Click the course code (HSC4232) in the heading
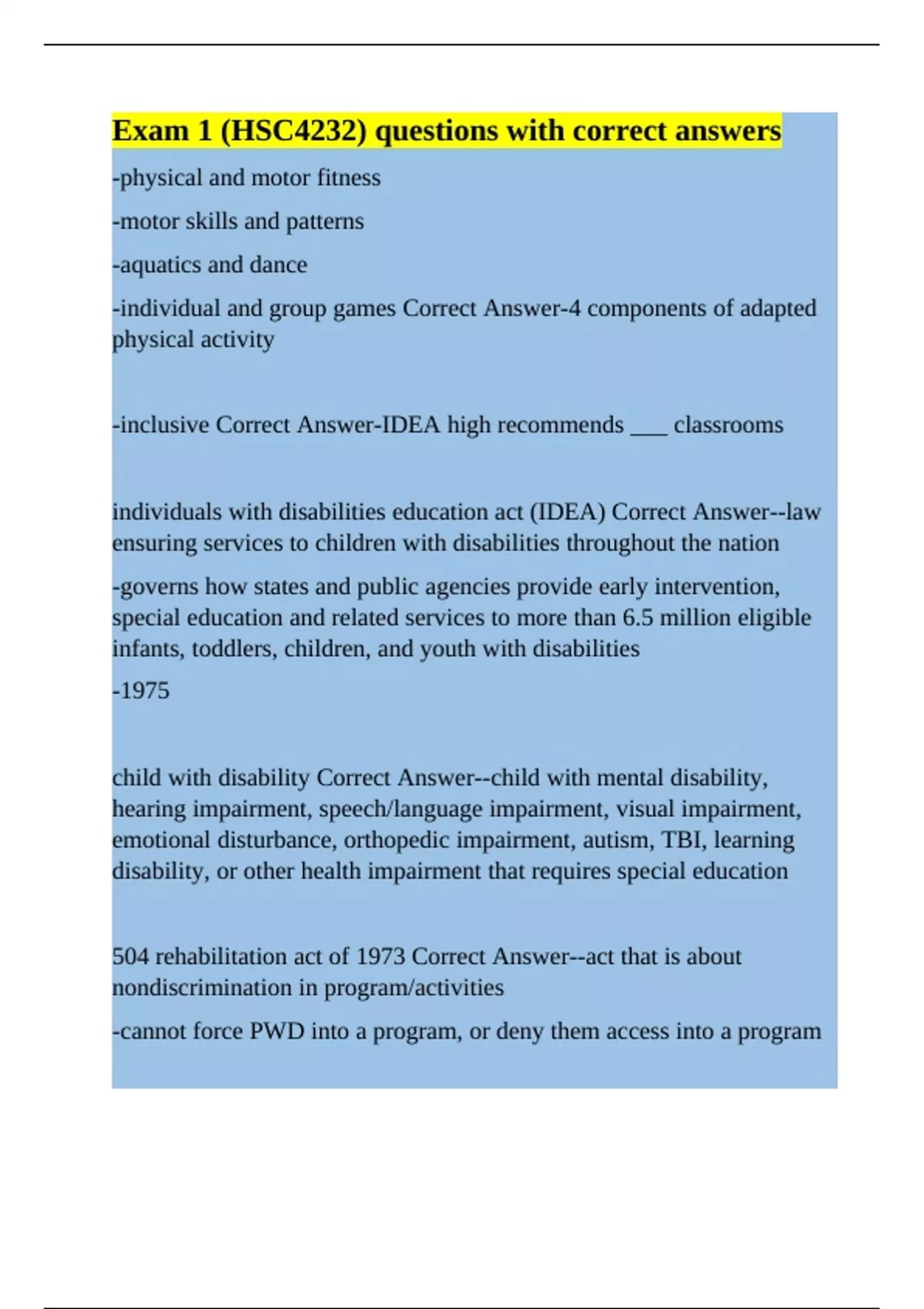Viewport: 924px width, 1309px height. (x=293, y=132)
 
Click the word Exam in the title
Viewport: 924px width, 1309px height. (x=150, y=132)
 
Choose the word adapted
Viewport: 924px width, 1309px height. (x=778, y=308)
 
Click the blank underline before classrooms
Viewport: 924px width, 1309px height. (x=648, y=425)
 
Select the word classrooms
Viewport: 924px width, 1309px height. (x=728, y=425)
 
